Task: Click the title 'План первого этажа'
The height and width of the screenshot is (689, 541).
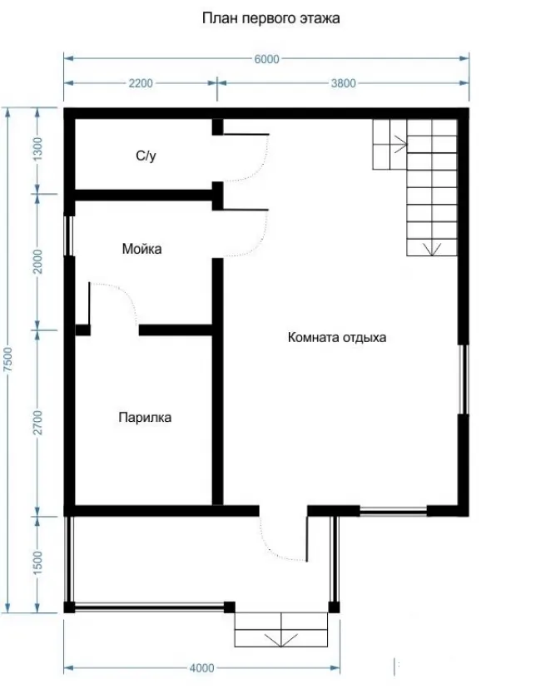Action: [270, 18]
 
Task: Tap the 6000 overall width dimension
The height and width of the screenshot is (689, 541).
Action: [267, 59]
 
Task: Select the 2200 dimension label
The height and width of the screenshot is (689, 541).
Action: [141, 83]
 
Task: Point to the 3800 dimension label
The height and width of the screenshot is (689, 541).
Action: [343, 83]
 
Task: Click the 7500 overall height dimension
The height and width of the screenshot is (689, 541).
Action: [8, 359]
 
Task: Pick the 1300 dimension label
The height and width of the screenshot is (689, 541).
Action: [37, 148]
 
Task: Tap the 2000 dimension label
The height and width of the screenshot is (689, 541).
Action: [37, 261]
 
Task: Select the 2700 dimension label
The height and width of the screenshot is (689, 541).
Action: [37, 422]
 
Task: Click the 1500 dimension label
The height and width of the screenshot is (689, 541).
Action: [37, 562]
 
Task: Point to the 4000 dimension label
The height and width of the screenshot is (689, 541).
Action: [201, 668]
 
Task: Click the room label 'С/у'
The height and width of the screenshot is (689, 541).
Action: [146, 156]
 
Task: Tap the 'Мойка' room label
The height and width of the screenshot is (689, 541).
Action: [142, 249]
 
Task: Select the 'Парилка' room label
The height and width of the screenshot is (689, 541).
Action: [145, 417]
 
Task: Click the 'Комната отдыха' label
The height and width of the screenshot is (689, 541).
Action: [337, 338]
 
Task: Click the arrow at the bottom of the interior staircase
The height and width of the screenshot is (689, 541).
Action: [432, 249]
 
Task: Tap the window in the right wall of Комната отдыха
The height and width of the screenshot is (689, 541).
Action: [464, 379]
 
